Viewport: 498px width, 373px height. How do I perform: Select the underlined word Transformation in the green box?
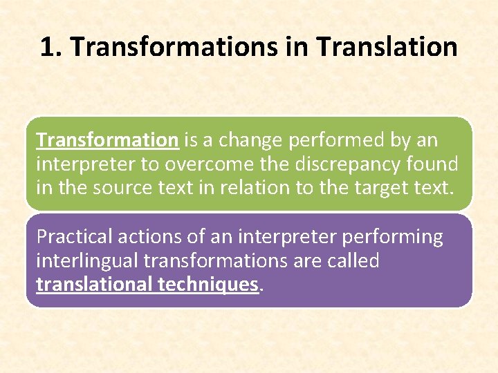(x=107, y=140)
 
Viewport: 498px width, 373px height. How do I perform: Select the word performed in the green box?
(x=331, y=140)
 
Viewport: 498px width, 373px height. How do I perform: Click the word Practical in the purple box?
(x=74, y=237)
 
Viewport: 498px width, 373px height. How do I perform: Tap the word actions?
(x=149, y=237)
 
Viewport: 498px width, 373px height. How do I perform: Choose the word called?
(x=355, y=260)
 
